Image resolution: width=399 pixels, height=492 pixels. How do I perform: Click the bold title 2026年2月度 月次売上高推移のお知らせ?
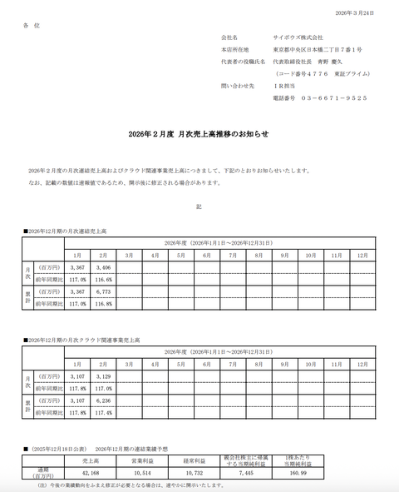click(x=199, y=133)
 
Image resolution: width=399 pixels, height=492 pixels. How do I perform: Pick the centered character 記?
click(x=199, y=206)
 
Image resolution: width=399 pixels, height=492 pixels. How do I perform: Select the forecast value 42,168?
click(x=91, y=472)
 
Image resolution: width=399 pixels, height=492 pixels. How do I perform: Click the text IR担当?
click(x=285, y=86)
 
